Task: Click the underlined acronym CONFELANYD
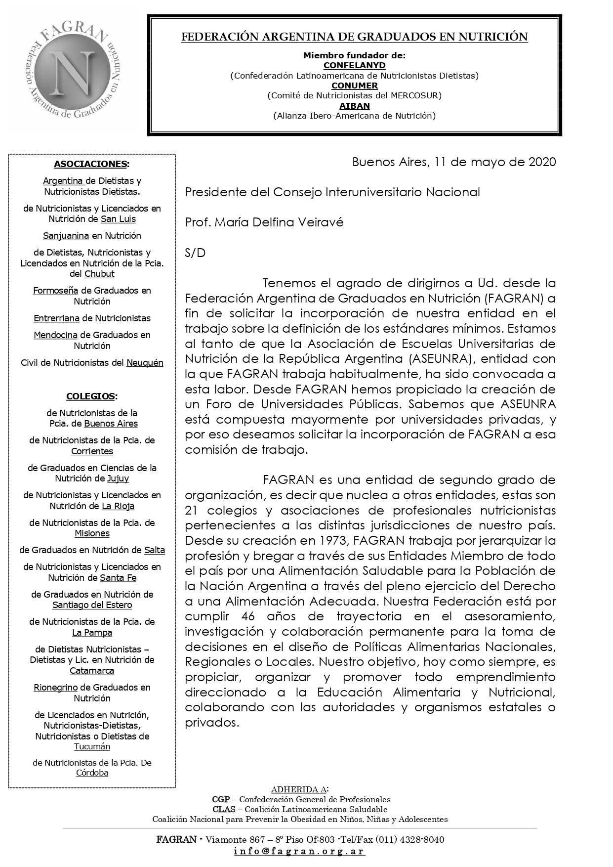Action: tap(354, 65)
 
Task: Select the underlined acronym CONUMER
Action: tap(354, 86)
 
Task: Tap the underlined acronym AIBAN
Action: tap(354, 106)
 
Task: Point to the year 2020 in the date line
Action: tap(542, 162)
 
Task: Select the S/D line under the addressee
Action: tap(195, 253)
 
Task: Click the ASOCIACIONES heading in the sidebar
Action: tap(91, 164)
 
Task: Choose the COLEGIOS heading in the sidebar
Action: tap(91, 396)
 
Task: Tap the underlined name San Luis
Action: tap(118, 219)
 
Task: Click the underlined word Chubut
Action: tap(99, 274)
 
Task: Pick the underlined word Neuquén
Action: tap(145, 363)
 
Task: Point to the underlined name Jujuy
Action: tap(118, 478)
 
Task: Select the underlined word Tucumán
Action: tap(92, 747)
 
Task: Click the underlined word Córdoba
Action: tap(92, 773)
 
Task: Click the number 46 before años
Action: tap(248, 616)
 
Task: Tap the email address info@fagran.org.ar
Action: tap(299, 851)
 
